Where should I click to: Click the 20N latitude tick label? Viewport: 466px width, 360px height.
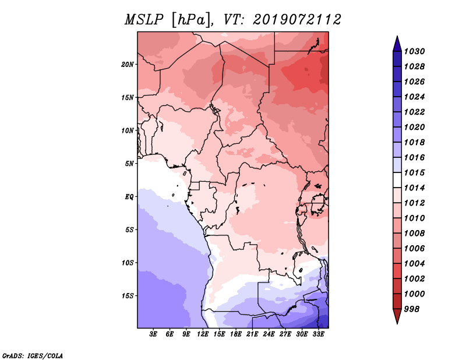(x=127, y=65)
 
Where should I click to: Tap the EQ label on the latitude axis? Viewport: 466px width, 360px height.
(x=129, y=197)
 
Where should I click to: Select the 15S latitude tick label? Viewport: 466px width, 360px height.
(x=127, y=296)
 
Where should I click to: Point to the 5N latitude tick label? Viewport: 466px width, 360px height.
(x=129, y=164)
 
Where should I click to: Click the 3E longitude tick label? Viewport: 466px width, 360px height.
(x=153, y=334)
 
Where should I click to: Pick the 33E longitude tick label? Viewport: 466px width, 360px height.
(x=318, y=334)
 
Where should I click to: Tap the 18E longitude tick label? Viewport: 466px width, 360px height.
(x=236, y=334)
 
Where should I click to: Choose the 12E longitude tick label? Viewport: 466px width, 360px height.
(x=203, y=334)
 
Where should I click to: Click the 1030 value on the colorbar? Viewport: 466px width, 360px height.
(x=414, y=51)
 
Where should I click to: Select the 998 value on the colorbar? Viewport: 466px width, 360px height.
(x=412, y=309)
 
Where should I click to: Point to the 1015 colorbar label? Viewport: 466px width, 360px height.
(x=414, y=172)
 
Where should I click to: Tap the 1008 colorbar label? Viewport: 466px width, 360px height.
(x=414, y=234)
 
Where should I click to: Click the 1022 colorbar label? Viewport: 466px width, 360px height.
(x=414, y=112)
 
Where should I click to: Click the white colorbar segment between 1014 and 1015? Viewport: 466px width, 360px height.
(x=397, y=180)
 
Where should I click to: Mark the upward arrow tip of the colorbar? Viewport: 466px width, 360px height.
(x=397, y=36)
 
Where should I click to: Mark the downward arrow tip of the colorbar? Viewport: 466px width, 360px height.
(x=397, y=324)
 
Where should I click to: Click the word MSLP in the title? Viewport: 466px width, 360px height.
(x=144, y=20)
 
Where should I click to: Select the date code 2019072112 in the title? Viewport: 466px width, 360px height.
(x=296, y=20)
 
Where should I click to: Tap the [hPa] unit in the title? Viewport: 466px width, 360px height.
(x=192, y=20)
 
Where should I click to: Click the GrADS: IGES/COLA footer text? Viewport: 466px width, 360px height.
(x=33, y=355)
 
